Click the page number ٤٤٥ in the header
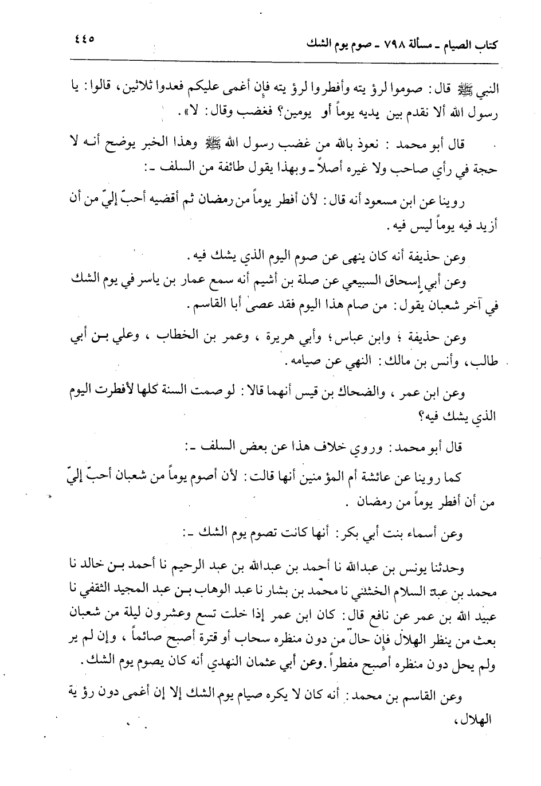[84, 41]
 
